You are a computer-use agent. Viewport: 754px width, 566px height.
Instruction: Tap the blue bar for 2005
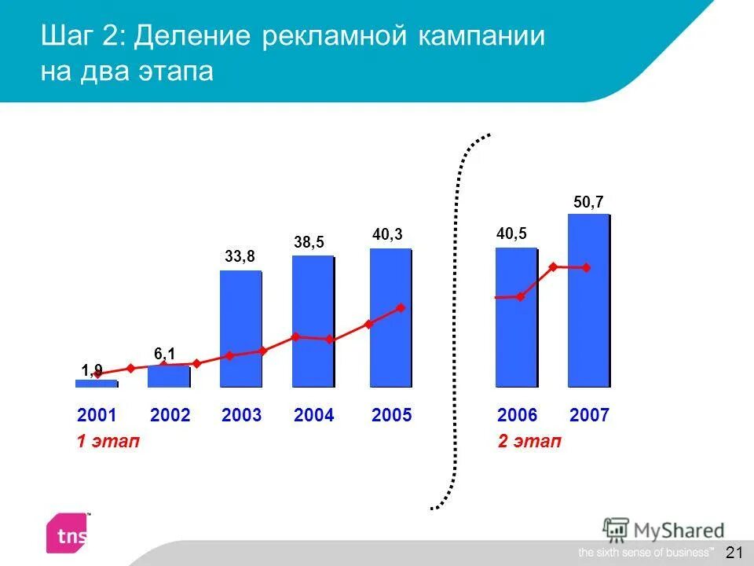[x=390, y=318]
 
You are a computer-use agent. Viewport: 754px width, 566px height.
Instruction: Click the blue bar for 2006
[x=516, y=318]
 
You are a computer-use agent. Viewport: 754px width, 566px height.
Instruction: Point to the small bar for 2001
[x=96, y=384]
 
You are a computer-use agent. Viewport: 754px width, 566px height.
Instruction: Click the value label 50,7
[x=588, y=202]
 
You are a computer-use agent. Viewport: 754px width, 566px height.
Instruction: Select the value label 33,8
[x=240, y=257]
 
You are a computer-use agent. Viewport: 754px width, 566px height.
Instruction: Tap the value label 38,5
[x=309, y=242]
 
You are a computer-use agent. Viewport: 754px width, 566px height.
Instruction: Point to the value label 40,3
[x=386, y=234]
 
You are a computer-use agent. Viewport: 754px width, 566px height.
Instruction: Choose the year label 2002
[x=170, y=415]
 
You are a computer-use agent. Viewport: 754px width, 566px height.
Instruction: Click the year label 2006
[x=518, y=415]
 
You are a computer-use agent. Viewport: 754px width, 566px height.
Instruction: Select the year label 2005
[x=391, y=415]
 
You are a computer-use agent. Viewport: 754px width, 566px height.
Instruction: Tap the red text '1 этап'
[x=108, y=442]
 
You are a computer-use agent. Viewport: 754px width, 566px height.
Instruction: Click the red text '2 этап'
[x=529, y=442]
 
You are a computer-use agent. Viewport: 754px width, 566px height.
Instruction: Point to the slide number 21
[x=734, y=552]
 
